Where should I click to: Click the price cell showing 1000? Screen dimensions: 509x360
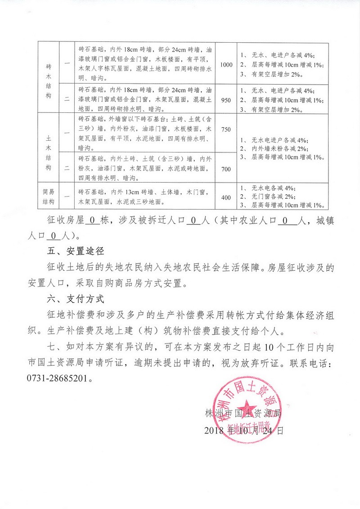tap(226, 65)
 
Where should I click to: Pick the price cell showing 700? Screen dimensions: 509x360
tap(226, 169)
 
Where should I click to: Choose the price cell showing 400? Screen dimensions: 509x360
tap(226, 197)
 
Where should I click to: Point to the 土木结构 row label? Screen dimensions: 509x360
tap(49, 149)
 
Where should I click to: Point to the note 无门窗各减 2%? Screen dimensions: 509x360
tap(275, 197)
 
